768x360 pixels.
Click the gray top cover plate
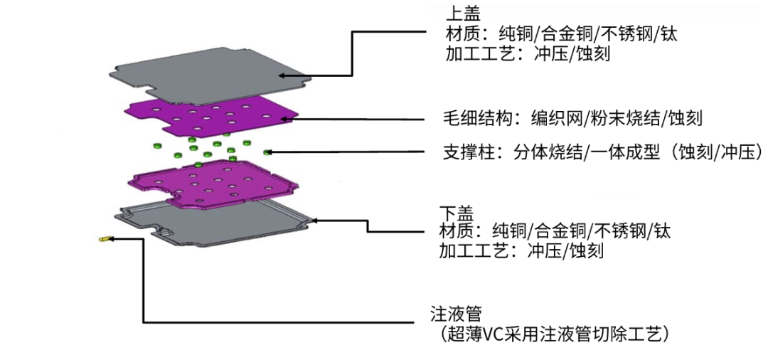(210, 76)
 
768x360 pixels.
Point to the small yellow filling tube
(103, 240)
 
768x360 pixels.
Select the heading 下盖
(452, 213)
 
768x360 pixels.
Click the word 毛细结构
(468, 119)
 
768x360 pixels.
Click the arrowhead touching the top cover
(282, 76)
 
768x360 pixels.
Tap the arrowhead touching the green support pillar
(267, 152)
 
